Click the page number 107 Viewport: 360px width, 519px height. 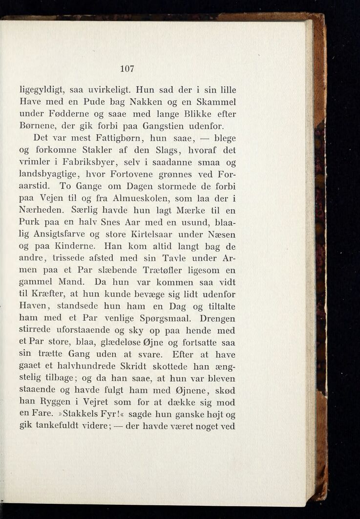(x=127, y=68)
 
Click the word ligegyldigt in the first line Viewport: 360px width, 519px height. (x=40, y=90)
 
